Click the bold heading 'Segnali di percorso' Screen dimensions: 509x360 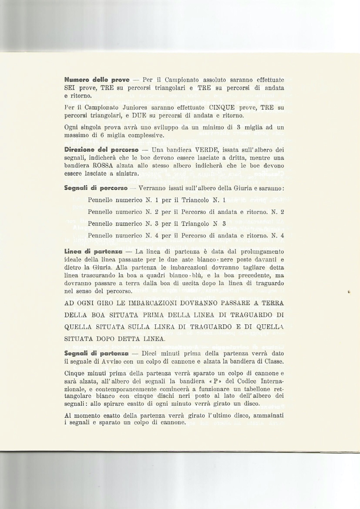95,188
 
